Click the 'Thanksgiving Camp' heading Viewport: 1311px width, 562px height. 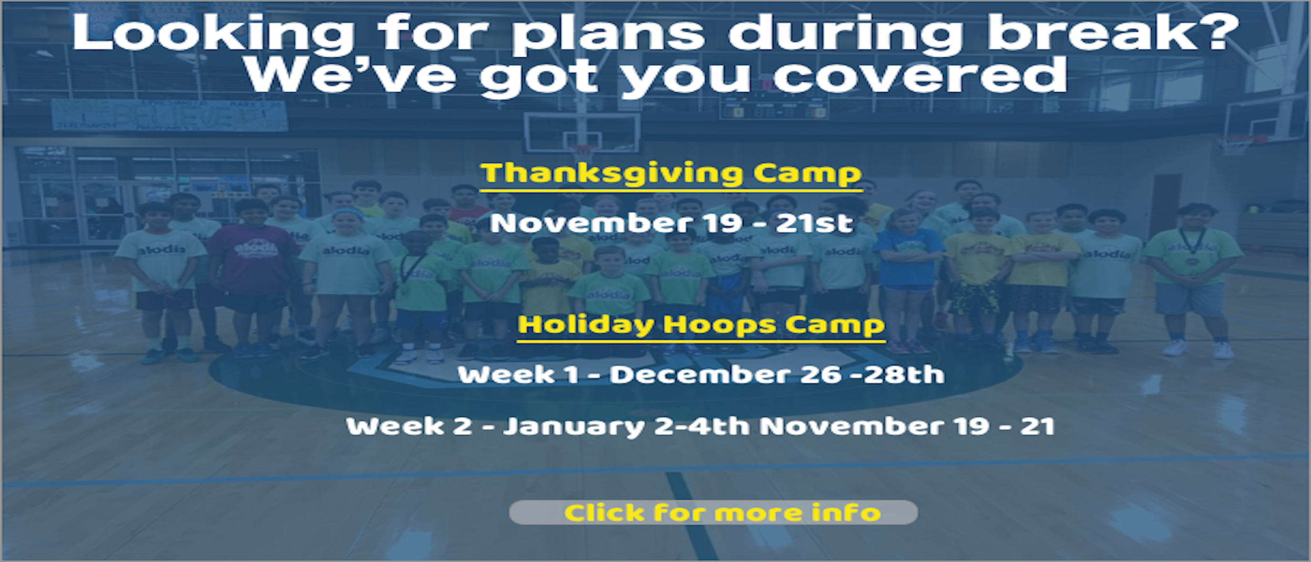click(671, 174)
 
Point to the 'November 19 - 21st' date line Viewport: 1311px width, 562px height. click(671, 223)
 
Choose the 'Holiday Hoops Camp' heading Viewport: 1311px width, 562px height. click(701, 325)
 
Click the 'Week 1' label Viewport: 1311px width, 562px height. click(518, 375)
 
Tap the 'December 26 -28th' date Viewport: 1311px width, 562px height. click(777, 375)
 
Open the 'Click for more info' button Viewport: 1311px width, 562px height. click(713, 512)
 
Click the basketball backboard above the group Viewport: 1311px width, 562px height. click(582, 132)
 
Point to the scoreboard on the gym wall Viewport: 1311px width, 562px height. click(773, 104)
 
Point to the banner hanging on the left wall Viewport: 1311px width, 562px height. click(169, 114)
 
